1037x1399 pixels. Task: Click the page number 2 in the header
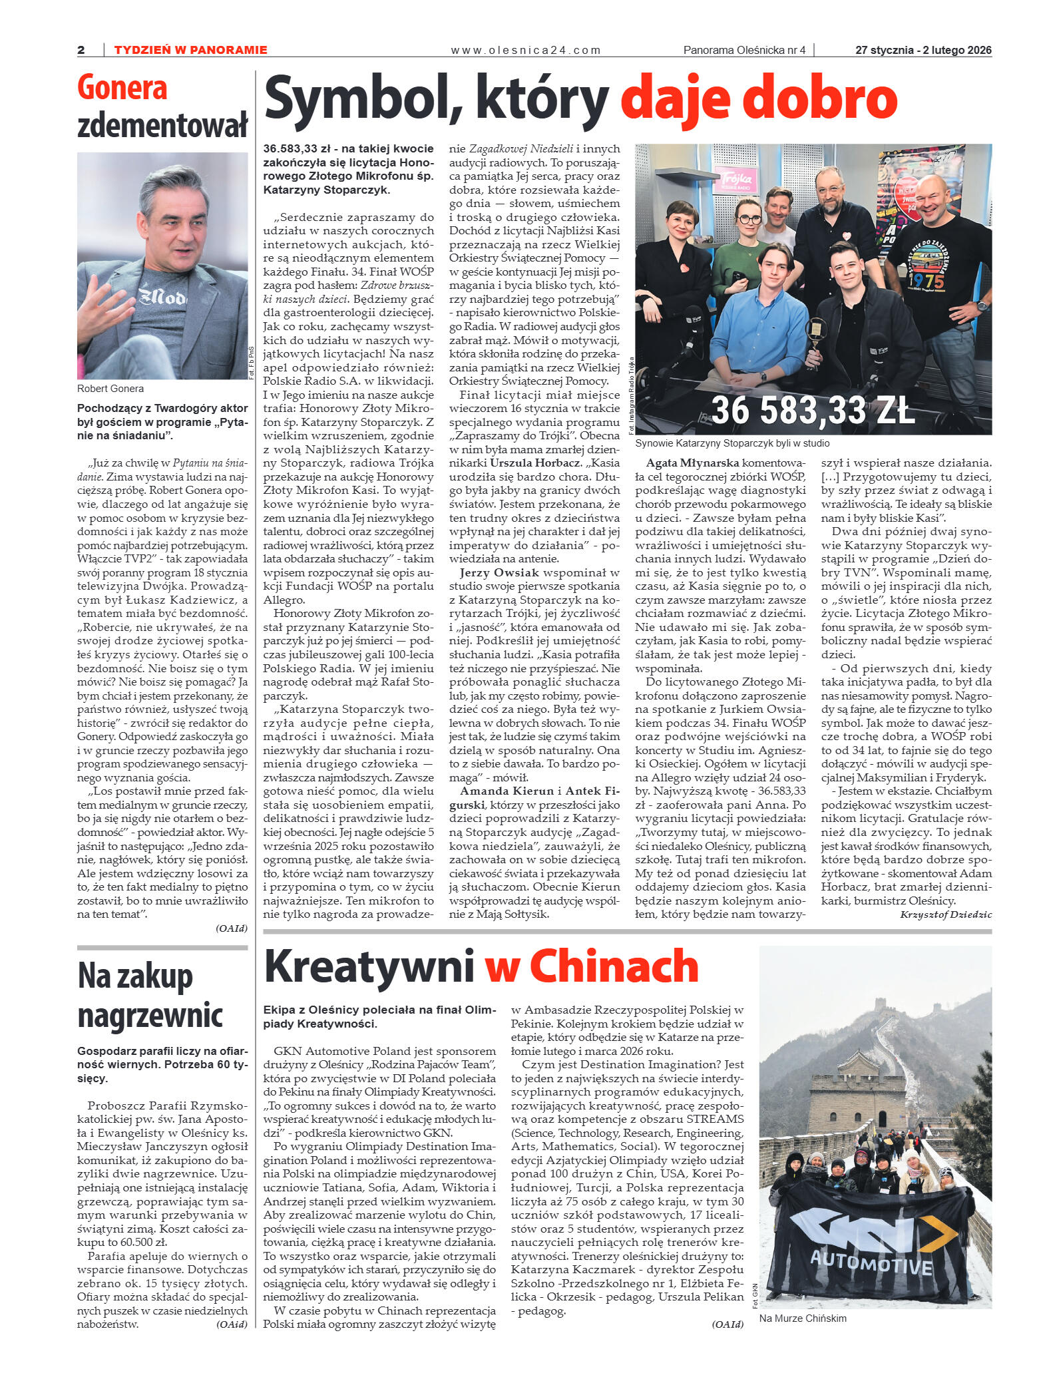pyautogui.click(x=81, y=50)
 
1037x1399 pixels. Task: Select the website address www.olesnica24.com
pyautogui.click(x=526, y=50)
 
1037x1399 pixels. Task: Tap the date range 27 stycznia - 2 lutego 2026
pyautogui.click(x=923, y=50)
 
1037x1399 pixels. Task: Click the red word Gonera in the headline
pyautogui.click(x=122, y=89)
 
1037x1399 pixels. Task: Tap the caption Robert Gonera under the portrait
pyautogui.click(x=110, y=389)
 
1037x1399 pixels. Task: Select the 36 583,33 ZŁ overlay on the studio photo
pyautogui.click(x=813, y=409)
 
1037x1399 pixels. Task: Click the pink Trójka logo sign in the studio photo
pyautogui.click(x=735, y=180)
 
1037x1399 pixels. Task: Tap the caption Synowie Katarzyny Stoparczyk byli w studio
pyautogui.click(x=732, y=443)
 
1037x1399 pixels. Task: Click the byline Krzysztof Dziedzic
pyautogui.click(x=945, y=914)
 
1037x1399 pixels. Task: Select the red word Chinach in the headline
pyautogui.click(x=614, y=966)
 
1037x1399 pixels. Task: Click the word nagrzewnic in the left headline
pyautogui.click(x=150, y=1016)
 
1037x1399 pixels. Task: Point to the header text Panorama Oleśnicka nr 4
pyautogui.click(x=744, y=50)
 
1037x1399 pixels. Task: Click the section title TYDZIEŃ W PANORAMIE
pyautogui.click(x=191, y=50)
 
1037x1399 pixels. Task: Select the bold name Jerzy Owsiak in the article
pyautogui.click(x=499, y=572)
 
